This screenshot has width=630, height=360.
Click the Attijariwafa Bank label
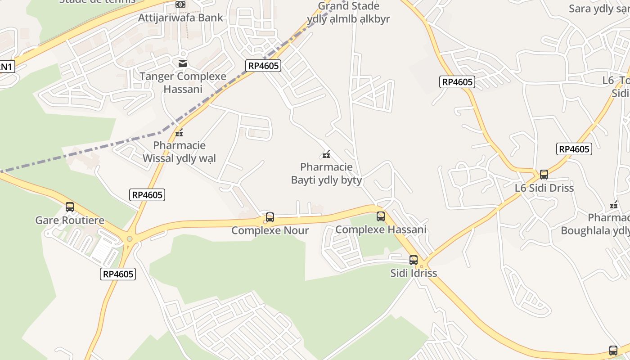[180, 18]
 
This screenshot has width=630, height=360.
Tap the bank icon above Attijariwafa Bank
[180, 4]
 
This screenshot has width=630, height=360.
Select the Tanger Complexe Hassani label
[183, 82]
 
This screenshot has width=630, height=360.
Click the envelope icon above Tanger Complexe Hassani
[183, 63]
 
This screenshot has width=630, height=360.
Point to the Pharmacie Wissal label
[179, 152]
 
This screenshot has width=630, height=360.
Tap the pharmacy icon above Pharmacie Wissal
[179, 133]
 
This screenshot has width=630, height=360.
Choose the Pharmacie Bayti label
[326, 174]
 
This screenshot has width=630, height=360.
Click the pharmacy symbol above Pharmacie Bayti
[326, 155]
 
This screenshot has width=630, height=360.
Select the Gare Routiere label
[70, 220]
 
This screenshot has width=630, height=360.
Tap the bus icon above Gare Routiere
[70, 207]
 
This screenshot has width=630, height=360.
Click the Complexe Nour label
[270, 231]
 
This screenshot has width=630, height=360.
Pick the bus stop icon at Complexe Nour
[270, 217]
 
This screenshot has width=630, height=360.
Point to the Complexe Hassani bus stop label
[381, 229]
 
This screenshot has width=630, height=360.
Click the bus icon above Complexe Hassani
[381, 216]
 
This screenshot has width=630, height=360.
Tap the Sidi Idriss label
[414, 273]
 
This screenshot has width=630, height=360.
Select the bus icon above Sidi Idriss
[414, 260]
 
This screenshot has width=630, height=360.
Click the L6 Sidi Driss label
[544, 188]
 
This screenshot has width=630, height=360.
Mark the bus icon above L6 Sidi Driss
[544, 175]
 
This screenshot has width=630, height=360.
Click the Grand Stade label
[348, 13]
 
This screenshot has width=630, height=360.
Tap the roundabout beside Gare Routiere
[130, 239]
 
